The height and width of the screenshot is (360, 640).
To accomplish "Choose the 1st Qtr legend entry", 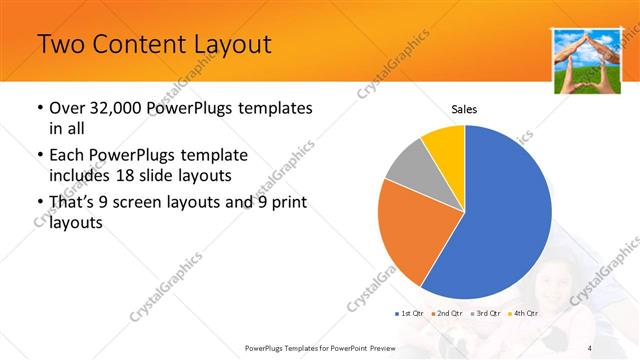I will click(x=410, y=314).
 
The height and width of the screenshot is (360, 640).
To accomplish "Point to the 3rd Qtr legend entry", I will click(x=484, y=314).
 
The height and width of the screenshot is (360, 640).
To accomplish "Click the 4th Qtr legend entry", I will click(x=523, y=314).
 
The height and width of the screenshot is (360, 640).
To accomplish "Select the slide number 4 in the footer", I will click(x=591, y=347).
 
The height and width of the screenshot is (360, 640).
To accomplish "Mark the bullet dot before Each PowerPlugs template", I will click(x=39, y=156).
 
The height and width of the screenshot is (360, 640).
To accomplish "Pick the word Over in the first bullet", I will click(x=68, y=108).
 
